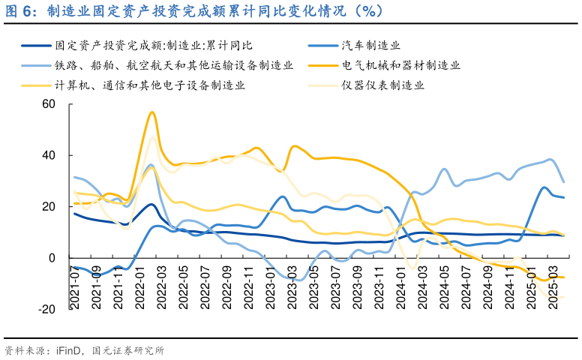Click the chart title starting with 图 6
pyautogui.click(x=195, y=10)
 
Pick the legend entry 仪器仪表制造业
pyautogui.click(x=382, y=85)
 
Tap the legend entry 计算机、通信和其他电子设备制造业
pyautogui.click(x=149, y=85)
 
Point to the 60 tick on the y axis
pyautogui.click(x=49, y=103)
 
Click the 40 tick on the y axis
pyautogui.click(x=49, y=155)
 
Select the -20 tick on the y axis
pyautogui.click(x=46, y=309)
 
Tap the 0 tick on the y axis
pyautogui.click(x=52, y=258)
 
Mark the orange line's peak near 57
pyautogui.click(x=152, y=112)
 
